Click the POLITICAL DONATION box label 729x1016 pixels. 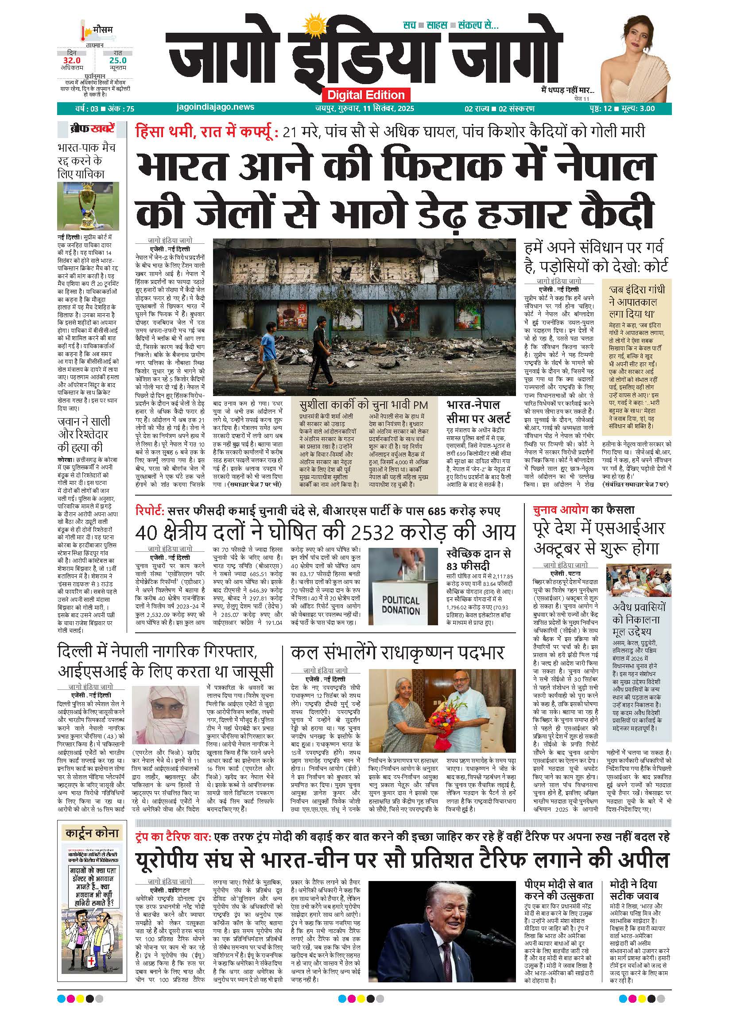pos(401,605)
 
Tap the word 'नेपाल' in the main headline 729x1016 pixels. pos(609,167)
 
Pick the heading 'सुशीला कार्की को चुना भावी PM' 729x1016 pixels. pos(364,405)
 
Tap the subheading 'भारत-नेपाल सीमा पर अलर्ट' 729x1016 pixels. pos(478,412)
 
